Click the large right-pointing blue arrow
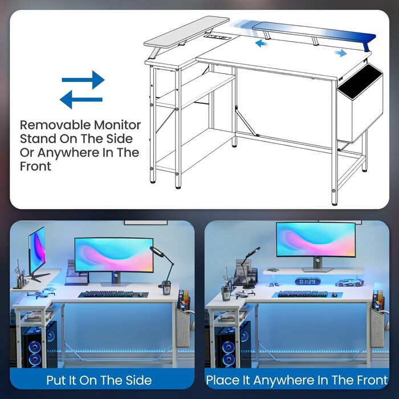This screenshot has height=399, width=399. (83, 80)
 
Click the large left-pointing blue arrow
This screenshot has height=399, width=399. (81, 100)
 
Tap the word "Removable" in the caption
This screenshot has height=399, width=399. (55, 125)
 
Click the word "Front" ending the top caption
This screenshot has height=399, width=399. (35, 166)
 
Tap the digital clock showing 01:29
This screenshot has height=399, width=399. (308, 282)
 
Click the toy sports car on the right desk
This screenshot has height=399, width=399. (349, 283)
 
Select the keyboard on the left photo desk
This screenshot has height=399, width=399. (109, 294)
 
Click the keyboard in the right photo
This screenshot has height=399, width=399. (303, 294)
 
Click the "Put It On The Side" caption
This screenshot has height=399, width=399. (99, 380)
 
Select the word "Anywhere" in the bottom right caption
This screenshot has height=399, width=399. (283, 380)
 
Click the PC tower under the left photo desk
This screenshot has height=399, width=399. (39, 345)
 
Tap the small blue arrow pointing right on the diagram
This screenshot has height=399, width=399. (340, 53)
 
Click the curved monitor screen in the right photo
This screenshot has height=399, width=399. (316, 239)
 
